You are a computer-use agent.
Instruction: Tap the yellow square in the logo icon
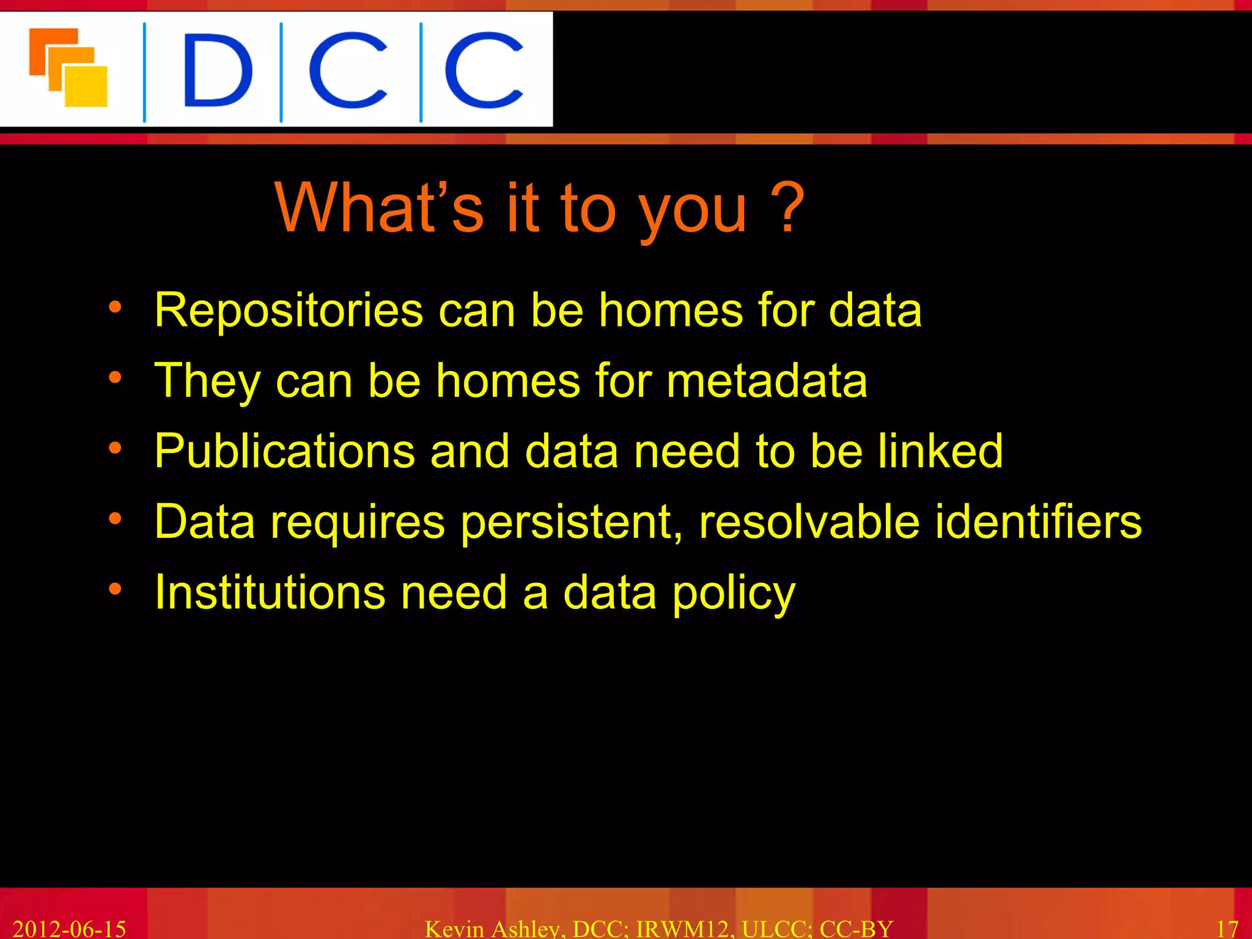pyautogui.click(x=87, y=86)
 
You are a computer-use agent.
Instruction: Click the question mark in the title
pyautogui.click(x=787, y=208)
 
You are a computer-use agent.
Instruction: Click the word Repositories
pyautogui.click(x=289, y=311)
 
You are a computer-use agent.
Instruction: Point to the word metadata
pyautogui.click(x=767, y=380)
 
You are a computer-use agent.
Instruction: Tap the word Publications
pyautogui.click(x=285, y=451)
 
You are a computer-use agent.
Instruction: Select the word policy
pyautogui.click(x=734, y=593)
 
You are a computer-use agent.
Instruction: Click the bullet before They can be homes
pyautogui.click(x=115, y=378)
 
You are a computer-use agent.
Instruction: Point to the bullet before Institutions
pyautogui.click(x=115, y=589)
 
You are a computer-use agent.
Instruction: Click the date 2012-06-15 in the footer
pyautogui.click(x=69, y=929)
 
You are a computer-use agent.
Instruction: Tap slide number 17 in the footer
pyautogui.click(x=1227, y=929)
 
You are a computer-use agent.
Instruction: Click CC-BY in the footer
pyautogui.click(x=856, y=929)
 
